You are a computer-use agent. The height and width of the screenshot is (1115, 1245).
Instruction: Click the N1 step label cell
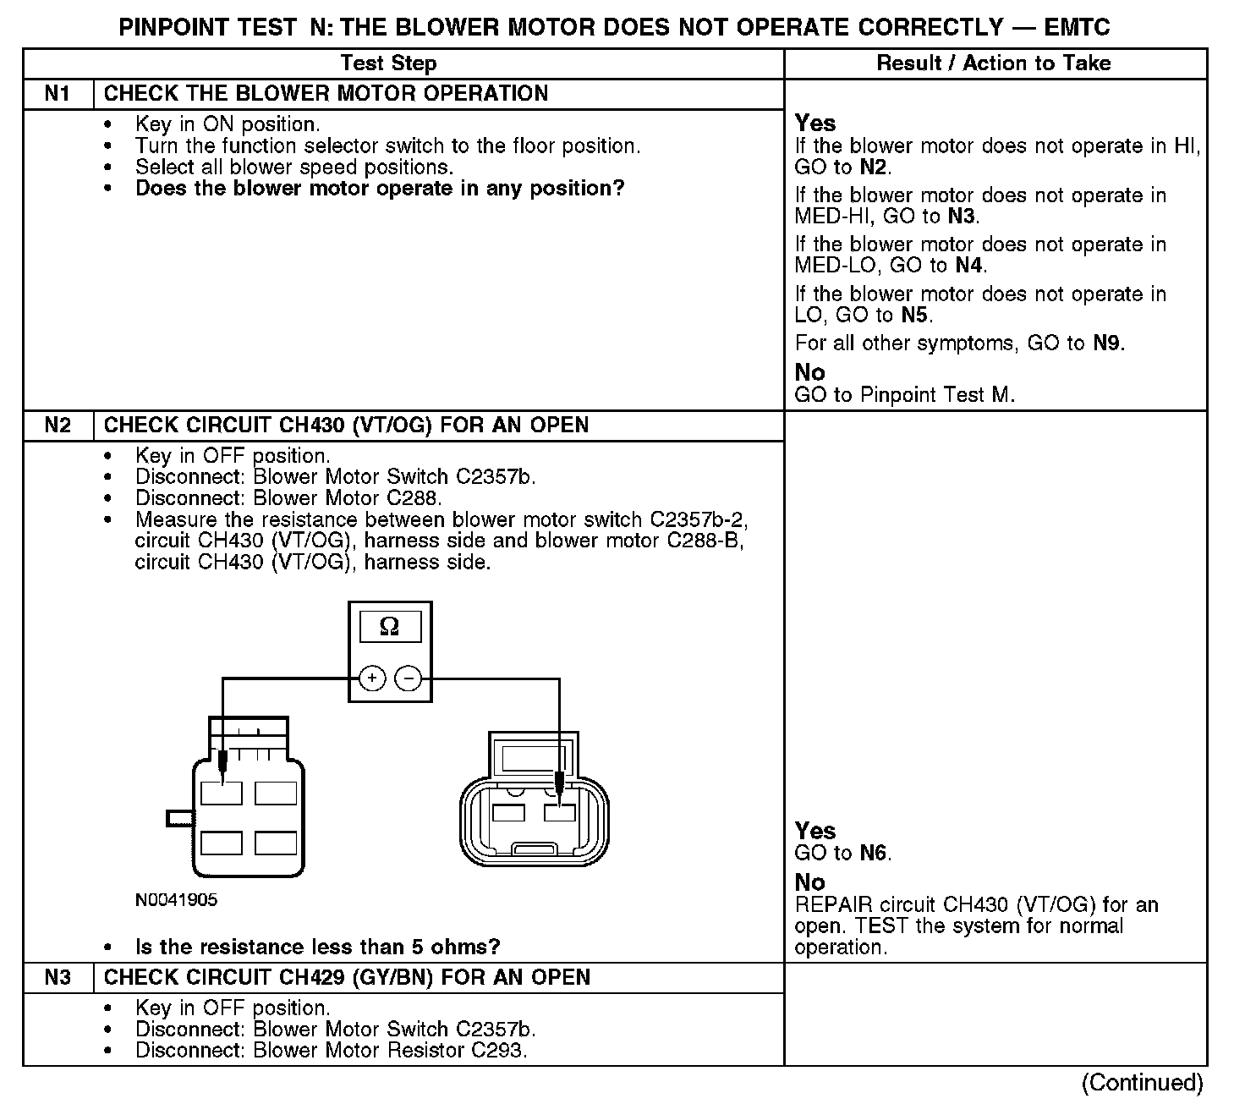tap(58, 94)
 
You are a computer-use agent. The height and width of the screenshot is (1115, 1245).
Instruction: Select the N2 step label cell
tap(58, 426)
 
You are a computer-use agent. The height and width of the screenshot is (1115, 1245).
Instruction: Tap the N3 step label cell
tap(58, 978)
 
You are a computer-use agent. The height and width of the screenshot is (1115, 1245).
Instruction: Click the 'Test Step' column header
tap(388, 63)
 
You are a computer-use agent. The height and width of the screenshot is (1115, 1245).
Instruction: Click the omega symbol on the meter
tap(389, 627)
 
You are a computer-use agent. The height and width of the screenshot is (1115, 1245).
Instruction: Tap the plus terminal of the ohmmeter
tap(372, 678)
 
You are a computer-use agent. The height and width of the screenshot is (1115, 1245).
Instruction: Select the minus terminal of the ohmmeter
tap(409, 678)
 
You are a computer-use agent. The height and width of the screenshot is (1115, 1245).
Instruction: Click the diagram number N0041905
tap(176, 900)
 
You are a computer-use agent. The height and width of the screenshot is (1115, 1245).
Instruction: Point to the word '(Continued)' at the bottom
tap(1142, 1083)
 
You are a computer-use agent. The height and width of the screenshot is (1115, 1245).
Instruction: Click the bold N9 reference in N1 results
tap(1108, 343)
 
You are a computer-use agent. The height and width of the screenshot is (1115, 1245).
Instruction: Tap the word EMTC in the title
tap(1078, 27)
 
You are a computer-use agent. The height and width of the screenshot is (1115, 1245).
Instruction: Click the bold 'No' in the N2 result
tap(809, 882)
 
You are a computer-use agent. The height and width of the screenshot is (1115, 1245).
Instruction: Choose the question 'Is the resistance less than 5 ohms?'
tap(318, 947)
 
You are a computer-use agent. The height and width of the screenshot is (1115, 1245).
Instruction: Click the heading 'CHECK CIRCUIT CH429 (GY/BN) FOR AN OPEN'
tap(347, 978)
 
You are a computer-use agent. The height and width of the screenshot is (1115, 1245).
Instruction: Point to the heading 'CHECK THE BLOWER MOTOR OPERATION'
tap(326, 94)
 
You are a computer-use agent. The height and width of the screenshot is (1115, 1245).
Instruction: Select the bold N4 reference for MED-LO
tap(969, 266)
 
